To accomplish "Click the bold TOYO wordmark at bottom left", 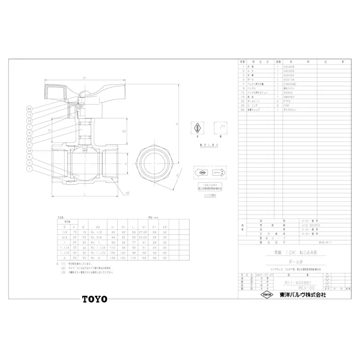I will (x=94, y=298).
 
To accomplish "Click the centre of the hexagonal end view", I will (x=154, y=164).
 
